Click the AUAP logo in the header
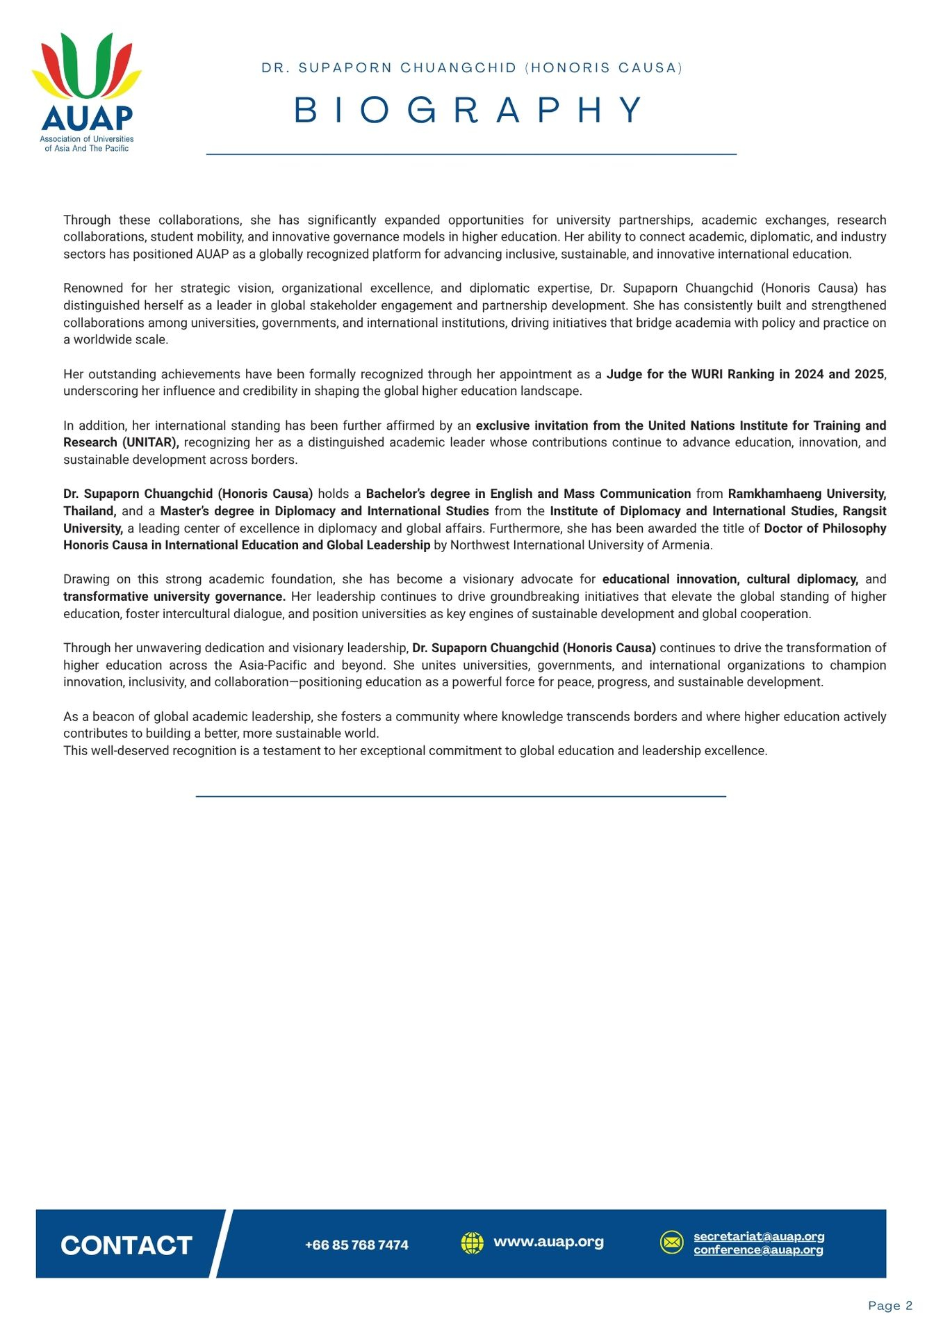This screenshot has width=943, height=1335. click(x=87, y=90)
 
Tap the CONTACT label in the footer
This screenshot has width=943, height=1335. click(x=126, y=1245)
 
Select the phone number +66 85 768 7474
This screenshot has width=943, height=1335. click(x=356, y=1245)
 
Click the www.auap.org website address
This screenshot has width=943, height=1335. click(x=548, y=1242)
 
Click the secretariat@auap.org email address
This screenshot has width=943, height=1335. click(x=759, y=1236)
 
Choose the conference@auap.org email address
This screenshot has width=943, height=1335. click(x=758, y=1250)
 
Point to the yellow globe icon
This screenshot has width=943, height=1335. click(x=473, y=1243)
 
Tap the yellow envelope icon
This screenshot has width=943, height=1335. click(x=672, y=1243)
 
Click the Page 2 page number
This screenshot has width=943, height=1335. click(x=890, y=1306)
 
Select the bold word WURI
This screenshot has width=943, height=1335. click(x=707, y=374)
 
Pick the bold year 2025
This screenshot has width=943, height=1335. click(x=869, y=374)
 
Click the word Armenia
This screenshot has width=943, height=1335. click(x=687, y=545)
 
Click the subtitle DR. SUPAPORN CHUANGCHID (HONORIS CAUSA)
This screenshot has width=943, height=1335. click(x=472, y=68)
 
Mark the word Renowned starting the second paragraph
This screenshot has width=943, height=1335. click(x=92, y=289)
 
